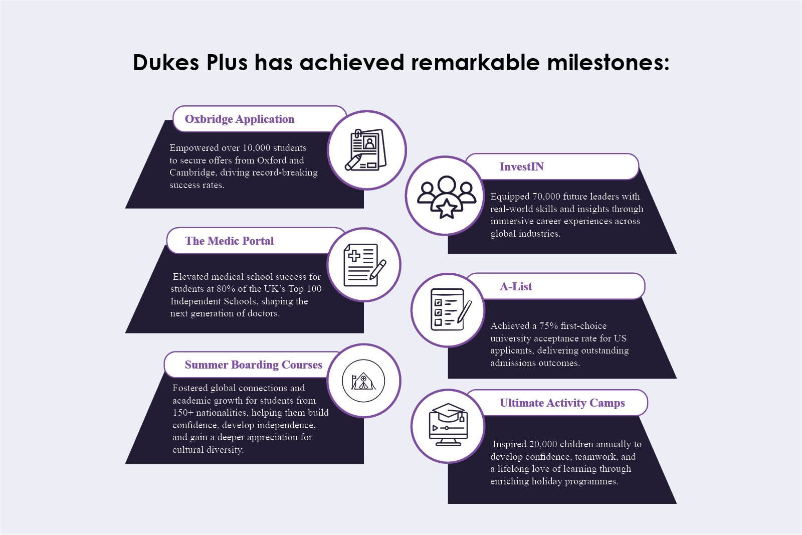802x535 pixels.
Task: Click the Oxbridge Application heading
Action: [239, 119]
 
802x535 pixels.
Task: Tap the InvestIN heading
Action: [521, 167]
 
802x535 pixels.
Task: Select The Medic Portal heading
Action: [229, 241]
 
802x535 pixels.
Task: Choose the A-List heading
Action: [516, 287]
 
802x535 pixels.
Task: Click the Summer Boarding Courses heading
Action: [253, 365]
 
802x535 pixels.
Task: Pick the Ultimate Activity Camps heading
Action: [562, 403]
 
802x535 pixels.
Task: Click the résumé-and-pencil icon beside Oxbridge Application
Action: [366, 150]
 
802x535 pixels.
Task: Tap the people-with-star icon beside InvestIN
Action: [446, 196]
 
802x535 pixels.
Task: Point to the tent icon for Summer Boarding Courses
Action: [363, 381]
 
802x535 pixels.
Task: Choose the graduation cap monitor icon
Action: [448, 425]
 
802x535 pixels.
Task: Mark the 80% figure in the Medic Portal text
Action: [226, 289]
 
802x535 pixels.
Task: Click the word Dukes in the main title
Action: [165, 63]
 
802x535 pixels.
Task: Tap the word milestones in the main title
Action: [608, 63]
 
